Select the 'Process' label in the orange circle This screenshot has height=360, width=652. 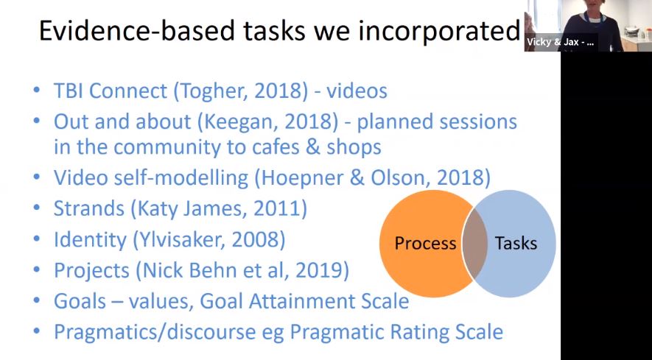[x=425, y=244]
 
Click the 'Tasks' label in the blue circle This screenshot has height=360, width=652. [x=515, y=244]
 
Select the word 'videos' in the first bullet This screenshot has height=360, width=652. [x=357, y=92]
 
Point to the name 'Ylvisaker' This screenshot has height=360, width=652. [x=183, y=239]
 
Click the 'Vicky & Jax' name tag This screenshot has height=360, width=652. [x=560, y=43]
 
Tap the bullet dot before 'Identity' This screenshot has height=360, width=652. [x=37, y=240]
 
